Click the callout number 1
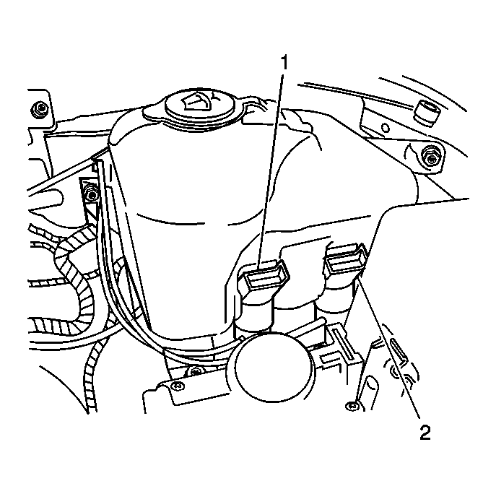285,63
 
